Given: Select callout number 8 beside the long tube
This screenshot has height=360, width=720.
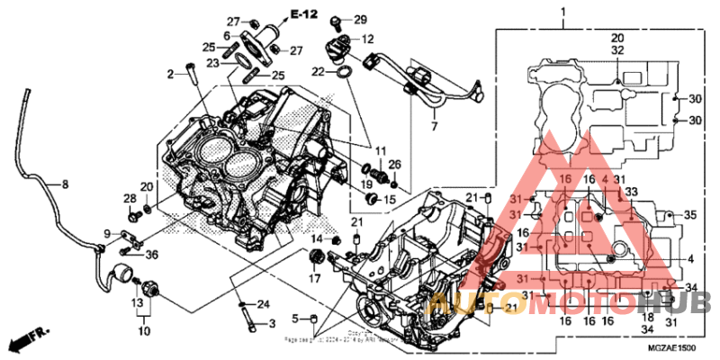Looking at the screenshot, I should coord(64,184).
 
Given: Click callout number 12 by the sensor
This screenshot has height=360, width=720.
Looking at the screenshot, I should coord(368,40).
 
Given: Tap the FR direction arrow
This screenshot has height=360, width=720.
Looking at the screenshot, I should coord(28,340).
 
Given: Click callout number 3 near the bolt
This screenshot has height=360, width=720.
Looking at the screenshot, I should coord(272,323).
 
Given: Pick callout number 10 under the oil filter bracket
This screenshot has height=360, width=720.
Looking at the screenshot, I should coord(140,330).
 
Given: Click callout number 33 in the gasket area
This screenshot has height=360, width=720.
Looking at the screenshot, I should coord(631,192).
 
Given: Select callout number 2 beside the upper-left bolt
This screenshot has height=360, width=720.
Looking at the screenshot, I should coord(168,74).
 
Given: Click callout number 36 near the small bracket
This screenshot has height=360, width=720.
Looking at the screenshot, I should coord(151,255).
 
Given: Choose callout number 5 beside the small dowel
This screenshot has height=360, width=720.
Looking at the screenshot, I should coord(293,319).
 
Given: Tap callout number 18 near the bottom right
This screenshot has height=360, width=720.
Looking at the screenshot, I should coord(647,317).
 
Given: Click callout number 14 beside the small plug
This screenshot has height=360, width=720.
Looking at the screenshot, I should coord(317,238).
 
